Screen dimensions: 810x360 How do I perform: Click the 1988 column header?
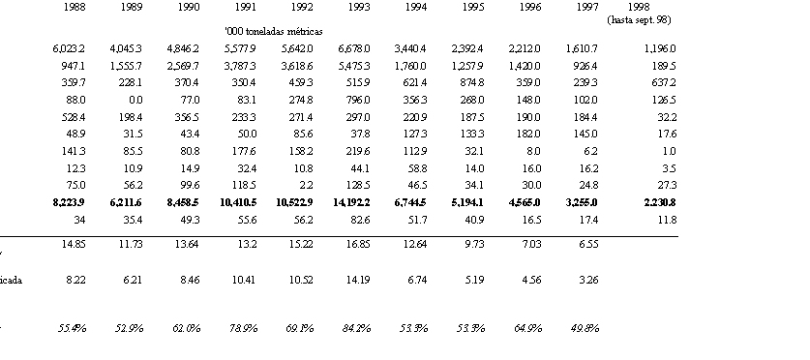[75, 8]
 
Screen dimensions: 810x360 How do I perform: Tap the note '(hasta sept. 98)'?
[639, 20]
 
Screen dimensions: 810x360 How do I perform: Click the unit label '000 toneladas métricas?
[273, 32]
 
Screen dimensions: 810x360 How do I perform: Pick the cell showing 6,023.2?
[69, 49]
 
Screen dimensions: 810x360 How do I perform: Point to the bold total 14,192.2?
[351, 202]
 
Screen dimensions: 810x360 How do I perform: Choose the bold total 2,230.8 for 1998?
[660, 202]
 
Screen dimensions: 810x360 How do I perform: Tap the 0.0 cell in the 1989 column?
[136, 100]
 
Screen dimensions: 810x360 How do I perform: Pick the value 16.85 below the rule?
[360, 244]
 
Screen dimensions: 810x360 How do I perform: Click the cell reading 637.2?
[666, 82]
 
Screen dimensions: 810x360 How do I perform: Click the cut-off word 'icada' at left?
[11, 281]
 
